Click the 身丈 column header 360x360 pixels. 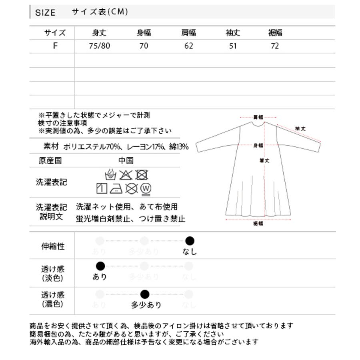tap(99, 33)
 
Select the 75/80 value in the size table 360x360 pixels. tap(99, 46)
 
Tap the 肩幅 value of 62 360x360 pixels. tap(189, 46)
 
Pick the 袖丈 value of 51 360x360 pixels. tap(233, 46)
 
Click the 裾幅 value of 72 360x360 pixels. tap(274, 46)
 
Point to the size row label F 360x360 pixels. tap(55, 46)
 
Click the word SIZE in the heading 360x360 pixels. tap(45, 12)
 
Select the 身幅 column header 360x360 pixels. tap(144, 33)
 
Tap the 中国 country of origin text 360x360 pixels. tap(126, 161)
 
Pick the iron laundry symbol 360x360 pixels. tap(116, 188)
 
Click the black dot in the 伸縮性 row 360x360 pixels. tap(190, 241)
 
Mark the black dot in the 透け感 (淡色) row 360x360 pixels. tap(100, 266)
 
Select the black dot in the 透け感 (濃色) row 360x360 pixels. tap(145, 295)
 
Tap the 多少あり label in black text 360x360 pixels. tap(146, 305)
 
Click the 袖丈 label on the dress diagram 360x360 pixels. tap(300, 129)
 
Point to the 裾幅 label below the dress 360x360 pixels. tap(258, 224)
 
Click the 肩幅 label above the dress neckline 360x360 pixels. tap(258, 118)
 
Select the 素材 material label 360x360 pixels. tap(51, 147)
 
